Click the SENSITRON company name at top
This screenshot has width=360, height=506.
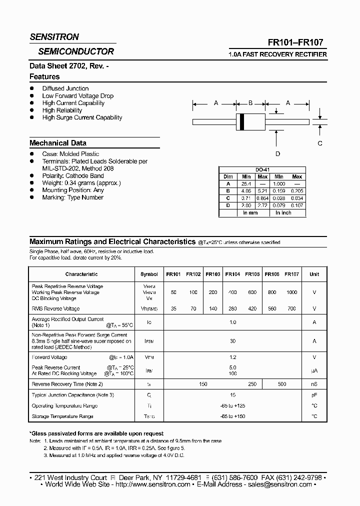click(x=54, y=37)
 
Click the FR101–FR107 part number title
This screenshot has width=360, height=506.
click(x=299, y=43)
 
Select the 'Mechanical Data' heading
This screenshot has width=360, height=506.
click(x=57, y=143)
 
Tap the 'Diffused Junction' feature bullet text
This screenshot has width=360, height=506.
click(x=65, y=88)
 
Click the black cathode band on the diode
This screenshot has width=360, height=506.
click(x=242, y=121)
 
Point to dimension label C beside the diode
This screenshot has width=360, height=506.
click(x=320, y=143)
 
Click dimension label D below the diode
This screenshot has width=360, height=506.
click(x=278, y=154)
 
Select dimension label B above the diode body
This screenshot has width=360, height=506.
click(x=250, y=103)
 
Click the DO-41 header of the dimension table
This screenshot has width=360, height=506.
click(x=262, y=170)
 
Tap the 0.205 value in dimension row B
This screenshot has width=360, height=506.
click(x=297, y=190)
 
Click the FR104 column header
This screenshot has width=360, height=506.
click(x=232, y=274)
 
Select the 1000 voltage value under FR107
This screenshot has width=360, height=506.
click(x=291, y=292)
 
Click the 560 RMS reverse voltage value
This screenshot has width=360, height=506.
click(x=272, y=308)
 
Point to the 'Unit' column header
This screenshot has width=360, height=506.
click(x=314, y=274)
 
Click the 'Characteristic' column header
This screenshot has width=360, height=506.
click(x=81, y=274)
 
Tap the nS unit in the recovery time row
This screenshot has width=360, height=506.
click(x=314, y=384)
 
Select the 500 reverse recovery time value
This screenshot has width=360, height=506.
click(x=282, y=384)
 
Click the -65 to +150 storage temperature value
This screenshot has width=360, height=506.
click(x=232, y=416)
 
